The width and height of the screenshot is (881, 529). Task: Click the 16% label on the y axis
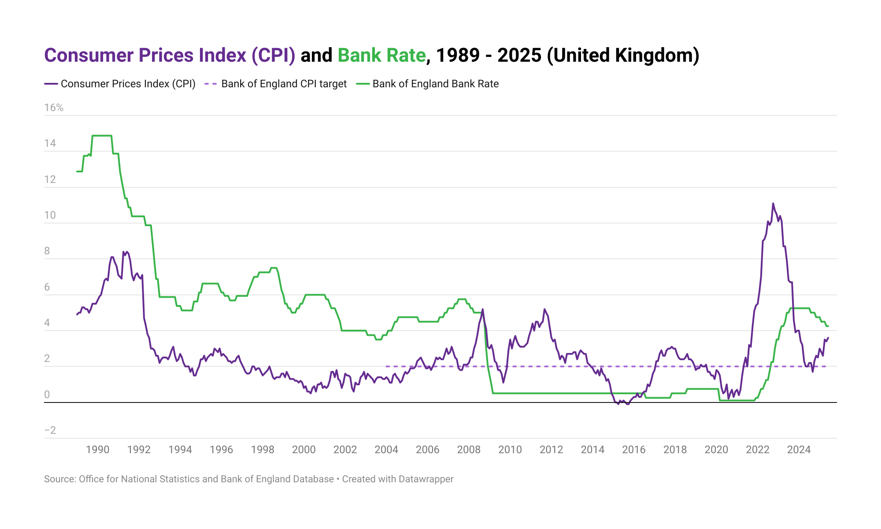pos(54,108)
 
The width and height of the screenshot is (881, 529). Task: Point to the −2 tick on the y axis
pos(50,431)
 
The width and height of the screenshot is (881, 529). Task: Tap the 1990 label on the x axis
pos(97,450)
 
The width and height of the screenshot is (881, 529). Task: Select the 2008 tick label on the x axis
pos(469,450)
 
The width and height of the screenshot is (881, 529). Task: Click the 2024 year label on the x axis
pos(799,450)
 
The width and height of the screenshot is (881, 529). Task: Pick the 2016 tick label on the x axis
pos(633,450)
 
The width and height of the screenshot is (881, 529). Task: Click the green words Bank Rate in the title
pos(381,56)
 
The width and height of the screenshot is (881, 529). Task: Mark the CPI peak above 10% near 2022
pos(773,204)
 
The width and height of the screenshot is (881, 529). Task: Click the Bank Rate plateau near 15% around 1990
pos(102,136)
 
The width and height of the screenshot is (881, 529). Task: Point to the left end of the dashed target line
pos(386,366)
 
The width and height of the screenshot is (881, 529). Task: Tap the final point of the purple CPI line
pos(828,338)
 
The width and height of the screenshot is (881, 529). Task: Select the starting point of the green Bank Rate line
pos(77,171)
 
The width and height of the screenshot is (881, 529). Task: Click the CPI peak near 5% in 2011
pos(544,309)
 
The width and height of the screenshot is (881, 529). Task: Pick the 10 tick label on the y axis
pos(50,216)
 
